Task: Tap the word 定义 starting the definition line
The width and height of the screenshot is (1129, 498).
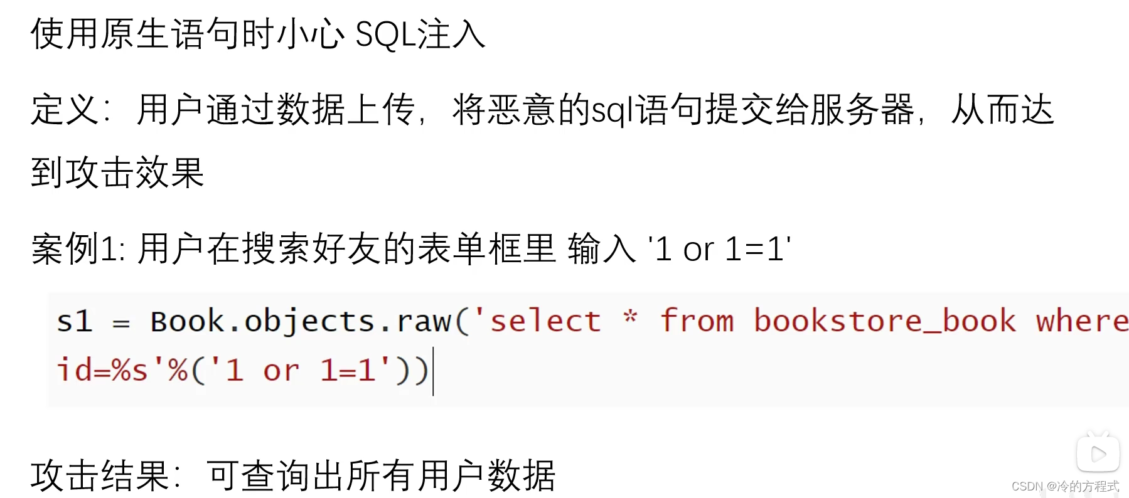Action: point(65,110)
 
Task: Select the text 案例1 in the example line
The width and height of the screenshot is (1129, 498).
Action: point(78,249)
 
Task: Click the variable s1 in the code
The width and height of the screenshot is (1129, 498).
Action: point(75,322)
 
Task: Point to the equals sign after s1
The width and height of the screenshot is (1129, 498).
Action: point(120,324)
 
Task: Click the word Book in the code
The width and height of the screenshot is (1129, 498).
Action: point(186,322)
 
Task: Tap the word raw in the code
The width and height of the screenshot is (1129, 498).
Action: point(424,322)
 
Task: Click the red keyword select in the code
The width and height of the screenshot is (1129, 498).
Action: point(545,322)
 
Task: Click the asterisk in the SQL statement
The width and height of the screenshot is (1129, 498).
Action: point(630,318)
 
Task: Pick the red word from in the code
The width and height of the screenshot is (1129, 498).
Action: point(697,321)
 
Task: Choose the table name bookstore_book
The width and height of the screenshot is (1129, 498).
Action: point(884,322)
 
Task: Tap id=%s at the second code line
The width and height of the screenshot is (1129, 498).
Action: point(102,370)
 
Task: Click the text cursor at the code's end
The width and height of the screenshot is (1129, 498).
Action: point(433,374)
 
